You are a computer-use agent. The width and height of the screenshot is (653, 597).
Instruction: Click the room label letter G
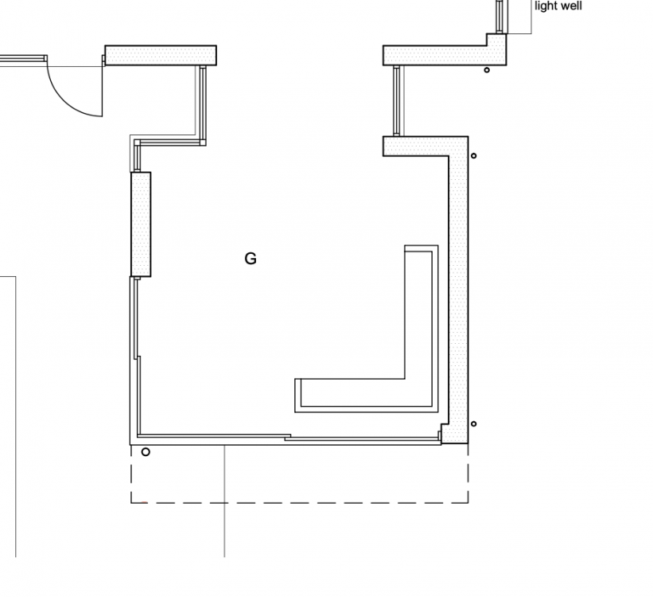pos(251,259)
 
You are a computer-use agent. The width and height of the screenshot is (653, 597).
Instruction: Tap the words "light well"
pos(558,6)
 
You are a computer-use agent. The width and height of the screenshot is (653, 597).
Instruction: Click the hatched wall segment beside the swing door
pos(161,56)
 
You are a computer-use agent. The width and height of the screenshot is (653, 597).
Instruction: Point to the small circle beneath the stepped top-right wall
pos(487,70)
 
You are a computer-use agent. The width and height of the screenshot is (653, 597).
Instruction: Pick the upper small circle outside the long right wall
pos(473,156)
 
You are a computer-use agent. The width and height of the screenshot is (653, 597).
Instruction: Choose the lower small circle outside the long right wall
pos(473,424)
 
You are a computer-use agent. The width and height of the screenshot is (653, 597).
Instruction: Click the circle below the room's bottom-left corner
pos(146,452)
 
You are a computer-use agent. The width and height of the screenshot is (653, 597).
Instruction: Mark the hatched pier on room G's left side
pos(141,224)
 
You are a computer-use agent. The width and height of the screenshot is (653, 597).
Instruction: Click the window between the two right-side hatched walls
pos(397,100)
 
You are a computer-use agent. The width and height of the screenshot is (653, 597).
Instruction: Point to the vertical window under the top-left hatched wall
pos(202,104)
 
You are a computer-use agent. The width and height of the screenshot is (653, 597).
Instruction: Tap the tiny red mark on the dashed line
pos(144,502)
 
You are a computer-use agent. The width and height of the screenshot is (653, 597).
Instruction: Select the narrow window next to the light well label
pos(499,17)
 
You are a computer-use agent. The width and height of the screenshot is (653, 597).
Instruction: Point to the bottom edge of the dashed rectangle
pos(300,503)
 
